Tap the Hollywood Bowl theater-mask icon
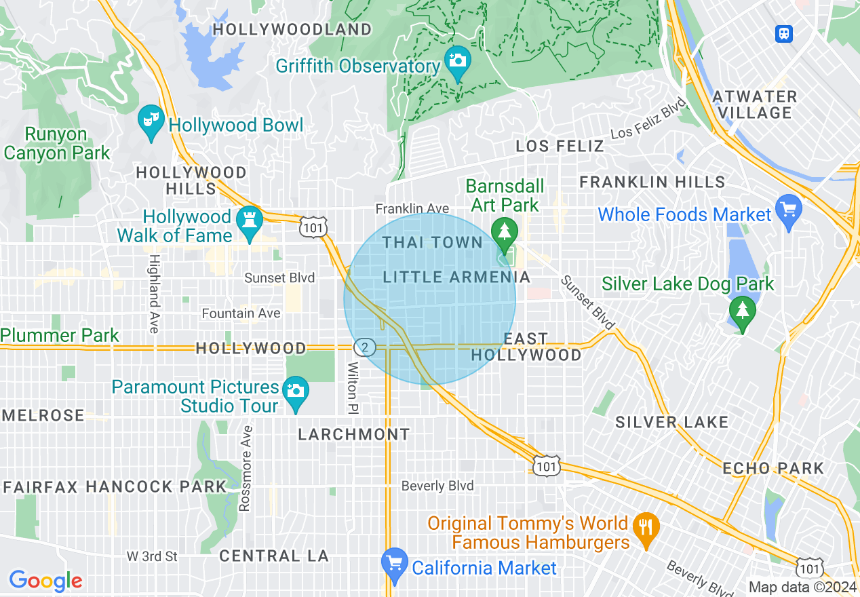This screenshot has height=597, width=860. click(150, 121)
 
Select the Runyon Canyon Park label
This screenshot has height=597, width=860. click(56, 144)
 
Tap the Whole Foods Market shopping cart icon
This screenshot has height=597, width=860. click(788, 210)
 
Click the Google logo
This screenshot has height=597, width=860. click(45, 581)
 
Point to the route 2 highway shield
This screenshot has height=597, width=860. click(365, 347)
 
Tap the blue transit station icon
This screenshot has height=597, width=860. click(784, 33)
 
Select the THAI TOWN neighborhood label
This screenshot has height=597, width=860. click(432, 242)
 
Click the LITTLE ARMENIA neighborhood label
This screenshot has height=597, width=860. click(456, 277)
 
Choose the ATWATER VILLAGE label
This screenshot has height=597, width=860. click(755, 104)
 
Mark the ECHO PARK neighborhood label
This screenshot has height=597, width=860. click(773, 468)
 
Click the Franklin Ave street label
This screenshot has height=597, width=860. click(412, 208)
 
